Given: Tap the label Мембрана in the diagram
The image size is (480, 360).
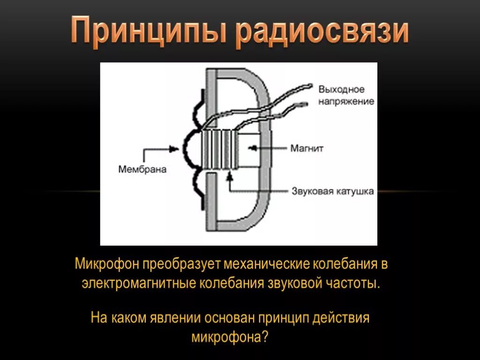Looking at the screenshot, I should point(142,169).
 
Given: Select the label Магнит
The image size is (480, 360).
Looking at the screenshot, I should point(307,149).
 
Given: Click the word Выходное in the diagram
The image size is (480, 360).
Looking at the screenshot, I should point(341,90).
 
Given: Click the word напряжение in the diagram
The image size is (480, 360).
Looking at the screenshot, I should point(346,101).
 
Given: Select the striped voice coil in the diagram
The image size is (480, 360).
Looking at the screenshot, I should point(219,149).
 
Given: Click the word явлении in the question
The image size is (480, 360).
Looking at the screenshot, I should point(175,317).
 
